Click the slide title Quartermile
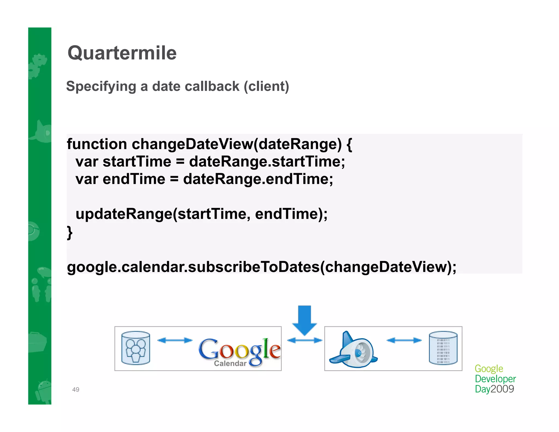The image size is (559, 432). [122, 53]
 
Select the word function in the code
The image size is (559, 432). [97, 144]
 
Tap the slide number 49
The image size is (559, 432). [76, 389]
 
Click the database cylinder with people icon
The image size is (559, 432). [136, 348]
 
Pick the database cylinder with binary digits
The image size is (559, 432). [443, 348]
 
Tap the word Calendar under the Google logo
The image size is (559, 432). [230, 363]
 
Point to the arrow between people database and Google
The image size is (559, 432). [175, 340]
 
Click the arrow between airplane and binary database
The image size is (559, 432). [404, 340]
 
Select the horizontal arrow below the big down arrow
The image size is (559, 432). [305, 340]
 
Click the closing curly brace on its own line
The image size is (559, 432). [70, 232]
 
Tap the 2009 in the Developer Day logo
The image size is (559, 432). [502, 389]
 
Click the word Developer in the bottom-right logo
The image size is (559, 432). [495, 379]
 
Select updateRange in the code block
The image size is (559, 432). [124, 214]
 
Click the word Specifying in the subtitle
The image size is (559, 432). [101, 87]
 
